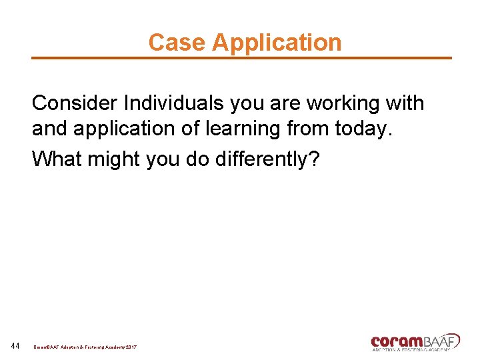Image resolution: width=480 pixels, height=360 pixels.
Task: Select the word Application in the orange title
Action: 277,43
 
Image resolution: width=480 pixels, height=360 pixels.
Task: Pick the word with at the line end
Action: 405,103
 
